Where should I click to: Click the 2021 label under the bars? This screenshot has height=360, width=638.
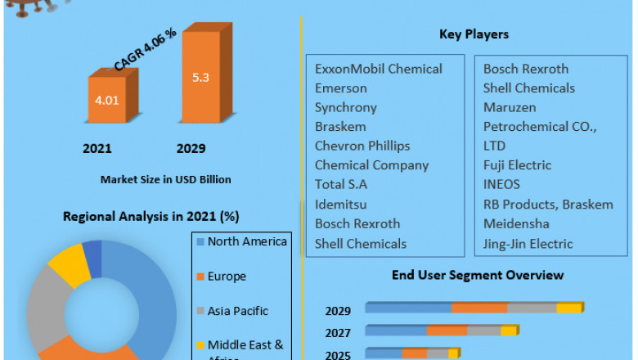[97, 149]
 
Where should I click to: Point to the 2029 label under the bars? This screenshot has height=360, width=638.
[191, 149]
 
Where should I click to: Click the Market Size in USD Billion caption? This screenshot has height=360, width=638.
[165, 179]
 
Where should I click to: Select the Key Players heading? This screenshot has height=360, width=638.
[474, 34]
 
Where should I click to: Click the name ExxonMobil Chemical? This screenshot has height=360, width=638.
[379, 69]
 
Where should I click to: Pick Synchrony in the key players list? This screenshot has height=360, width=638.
[346, 107]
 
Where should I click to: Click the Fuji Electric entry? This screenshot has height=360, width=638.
[517, 165]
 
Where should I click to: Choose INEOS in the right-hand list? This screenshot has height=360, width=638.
[501, 184]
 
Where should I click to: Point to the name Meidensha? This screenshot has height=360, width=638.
[516, 223]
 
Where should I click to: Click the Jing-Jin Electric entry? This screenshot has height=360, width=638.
[528, 243]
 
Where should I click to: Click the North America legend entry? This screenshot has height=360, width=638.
[247, 241]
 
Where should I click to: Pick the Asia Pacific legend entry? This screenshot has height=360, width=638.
[238, 311]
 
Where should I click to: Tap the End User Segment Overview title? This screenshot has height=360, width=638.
[478, 275]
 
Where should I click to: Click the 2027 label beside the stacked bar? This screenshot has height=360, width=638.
[338, 333]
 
